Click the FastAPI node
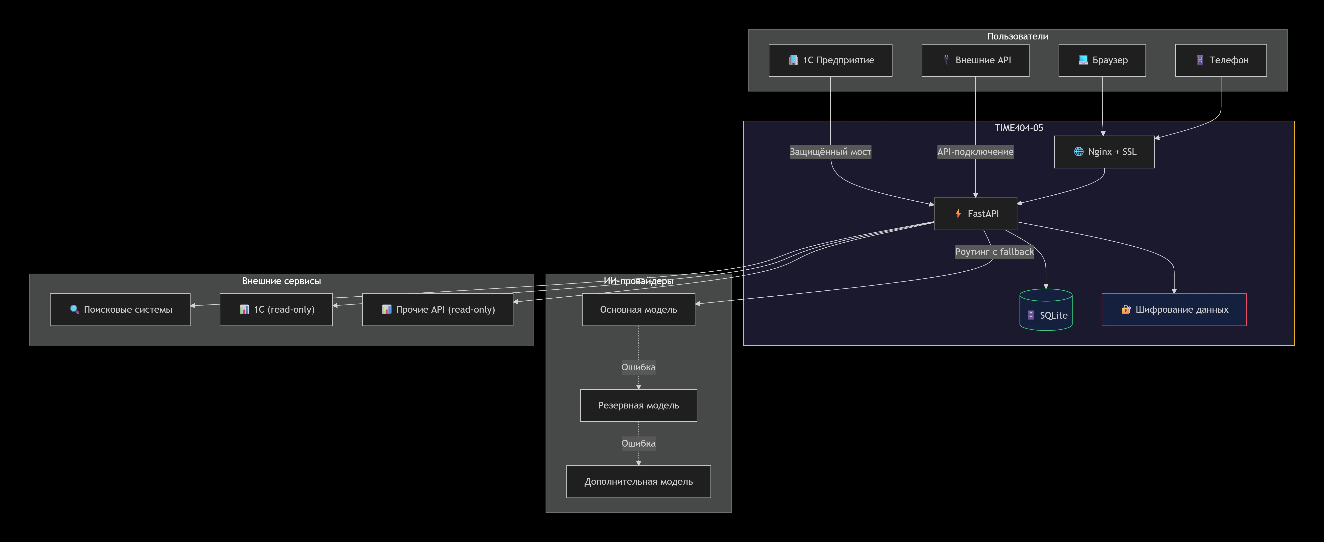click(975, 214)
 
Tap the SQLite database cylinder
click(1046, 310)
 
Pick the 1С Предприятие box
click(830, 60)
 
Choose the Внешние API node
click(975, 60)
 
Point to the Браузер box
click(1102, 60)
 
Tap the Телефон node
click(1221, 60)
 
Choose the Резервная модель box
click(638, 405)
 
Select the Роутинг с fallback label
click(994, 252)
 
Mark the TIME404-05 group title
click(1019, 128)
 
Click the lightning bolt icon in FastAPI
click(958, 214)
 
